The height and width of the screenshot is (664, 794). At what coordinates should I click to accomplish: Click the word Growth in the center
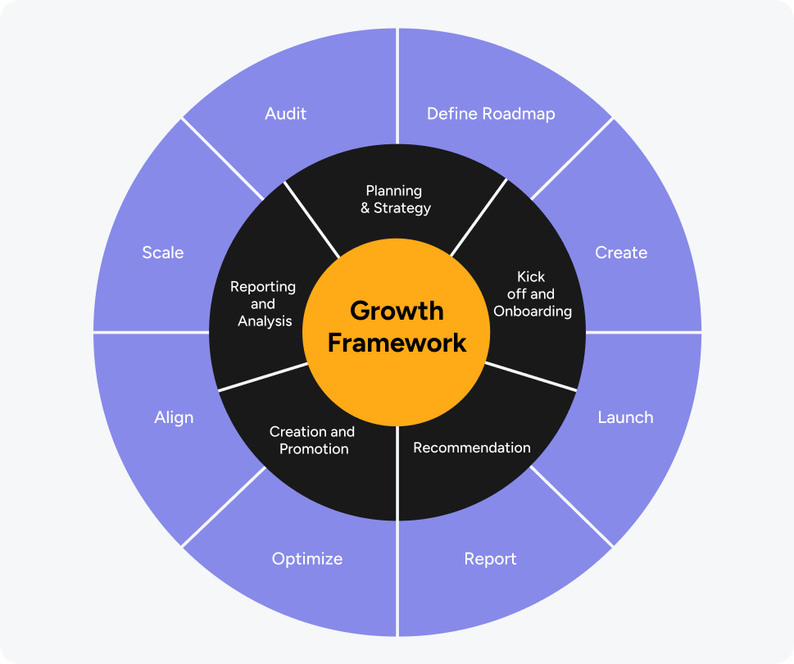tap(397, 312)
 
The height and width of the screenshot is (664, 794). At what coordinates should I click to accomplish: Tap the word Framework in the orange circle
tap(397, 342)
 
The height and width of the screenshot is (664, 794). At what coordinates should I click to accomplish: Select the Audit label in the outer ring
tap(285, 114)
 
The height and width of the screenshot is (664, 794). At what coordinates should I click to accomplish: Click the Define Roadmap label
tap(491, 114)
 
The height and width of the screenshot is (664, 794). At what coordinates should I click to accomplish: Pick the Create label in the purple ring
tap(621, 252)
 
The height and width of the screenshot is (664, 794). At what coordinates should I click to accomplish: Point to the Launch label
tap(625, 417)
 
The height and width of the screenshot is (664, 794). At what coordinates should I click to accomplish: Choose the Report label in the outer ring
tap(490, 559)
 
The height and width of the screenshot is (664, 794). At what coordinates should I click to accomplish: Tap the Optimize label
tap(307, 559)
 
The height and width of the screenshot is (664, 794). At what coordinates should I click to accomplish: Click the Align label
tap(174, 417)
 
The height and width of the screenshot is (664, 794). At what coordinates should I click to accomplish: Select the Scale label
tap(163, 252)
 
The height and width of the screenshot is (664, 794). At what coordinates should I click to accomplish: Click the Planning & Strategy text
tap(395, 199)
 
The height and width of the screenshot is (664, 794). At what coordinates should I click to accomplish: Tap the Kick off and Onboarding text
tap(532, 293)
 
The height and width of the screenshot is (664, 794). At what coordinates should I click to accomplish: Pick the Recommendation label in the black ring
tap(472, 448)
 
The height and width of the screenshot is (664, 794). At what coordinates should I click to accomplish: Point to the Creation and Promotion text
tap(313, 440)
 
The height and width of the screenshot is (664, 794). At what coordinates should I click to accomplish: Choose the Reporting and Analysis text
tap(264, 304)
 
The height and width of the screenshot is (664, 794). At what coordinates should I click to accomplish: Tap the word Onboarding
tap(533, 312)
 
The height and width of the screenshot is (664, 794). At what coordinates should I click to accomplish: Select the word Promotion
tap(314, 449)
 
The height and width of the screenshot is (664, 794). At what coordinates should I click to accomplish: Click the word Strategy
tap(402, 208)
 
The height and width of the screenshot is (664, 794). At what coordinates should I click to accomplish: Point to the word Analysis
tap(265, 321)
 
